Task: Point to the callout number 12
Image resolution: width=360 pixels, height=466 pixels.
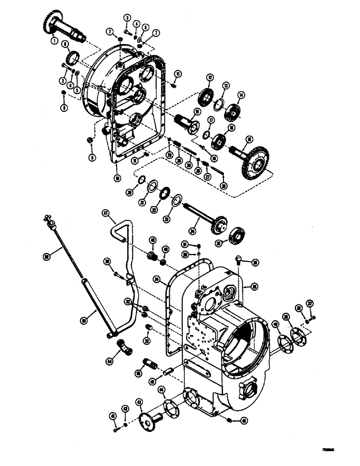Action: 210,78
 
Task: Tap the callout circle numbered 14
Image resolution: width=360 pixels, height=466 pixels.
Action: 241,95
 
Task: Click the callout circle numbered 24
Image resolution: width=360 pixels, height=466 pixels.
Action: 193,229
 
